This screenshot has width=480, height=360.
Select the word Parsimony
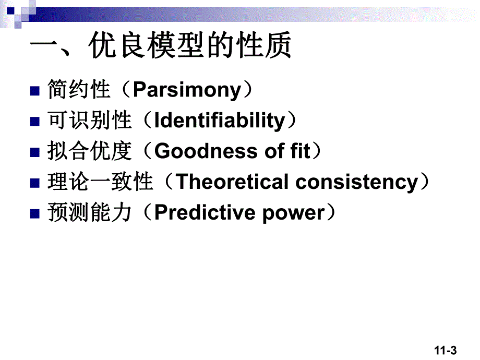186,90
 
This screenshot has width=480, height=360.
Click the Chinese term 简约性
79,90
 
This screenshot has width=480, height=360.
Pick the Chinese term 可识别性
89,121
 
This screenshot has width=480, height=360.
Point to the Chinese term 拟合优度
89,151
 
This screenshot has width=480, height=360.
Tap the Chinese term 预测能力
89,213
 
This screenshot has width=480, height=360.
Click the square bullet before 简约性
35,91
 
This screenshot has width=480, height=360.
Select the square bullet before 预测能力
35,214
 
